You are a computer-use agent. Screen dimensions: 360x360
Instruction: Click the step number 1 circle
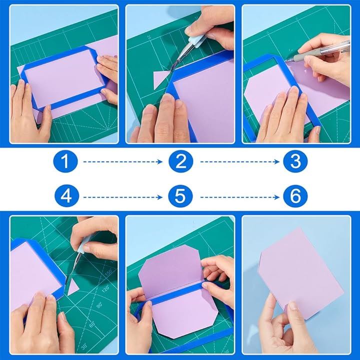pos(65,161)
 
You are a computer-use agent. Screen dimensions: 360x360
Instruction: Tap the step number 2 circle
pos(180,161)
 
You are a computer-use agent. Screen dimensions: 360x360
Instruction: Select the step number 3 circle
pos(295,161)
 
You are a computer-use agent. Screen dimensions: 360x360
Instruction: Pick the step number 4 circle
pos(66,196)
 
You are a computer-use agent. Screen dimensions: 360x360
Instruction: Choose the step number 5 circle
pos(180,196)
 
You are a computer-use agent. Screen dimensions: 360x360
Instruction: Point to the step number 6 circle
pos(295,196)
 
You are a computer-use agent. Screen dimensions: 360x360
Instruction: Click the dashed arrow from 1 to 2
pos(123,162)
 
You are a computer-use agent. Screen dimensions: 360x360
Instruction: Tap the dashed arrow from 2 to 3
pos(239,162)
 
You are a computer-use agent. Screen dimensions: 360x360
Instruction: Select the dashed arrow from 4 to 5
pos(123,197)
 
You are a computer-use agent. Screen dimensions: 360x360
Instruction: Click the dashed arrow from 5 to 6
pos(239,197)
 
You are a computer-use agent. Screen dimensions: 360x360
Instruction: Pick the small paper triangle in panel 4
pos(73,287)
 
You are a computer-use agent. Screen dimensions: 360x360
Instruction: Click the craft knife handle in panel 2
pos(197,39)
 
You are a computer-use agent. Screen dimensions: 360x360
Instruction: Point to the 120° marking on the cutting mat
pos(105,287)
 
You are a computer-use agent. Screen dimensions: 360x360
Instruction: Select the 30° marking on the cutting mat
pos(84,346)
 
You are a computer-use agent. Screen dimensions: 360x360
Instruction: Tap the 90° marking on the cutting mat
pos(99,305)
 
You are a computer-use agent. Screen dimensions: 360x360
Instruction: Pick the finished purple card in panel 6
pos(301,273)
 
